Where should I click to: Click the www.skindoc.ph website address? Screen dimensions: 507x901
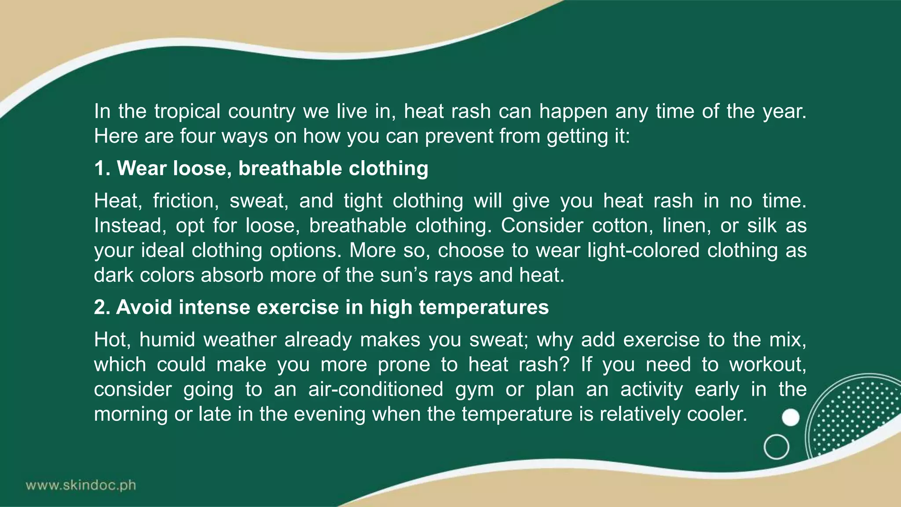pos(81,485)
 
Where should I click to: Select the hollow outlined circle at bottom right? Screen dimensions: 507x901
pos(776,447)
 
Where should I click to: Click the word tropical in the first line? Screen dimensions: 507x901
pos(187,112)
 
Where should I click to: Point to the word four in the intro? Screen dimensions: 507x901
pos(197,136)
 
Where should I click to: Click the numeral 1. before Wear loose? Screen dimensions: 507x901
pos(103,169)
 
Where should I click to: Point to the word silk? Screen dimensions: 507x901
pos(762,226)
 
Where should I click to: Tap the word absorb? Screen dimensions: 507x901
pos(232,276)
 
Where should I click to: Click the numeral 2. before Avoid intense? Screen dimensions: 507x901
pos(102,307)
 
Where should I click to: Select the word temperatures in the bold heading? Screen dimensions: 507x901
pos(483,308)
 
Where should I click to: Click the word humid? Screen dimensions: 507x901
pos(167,340)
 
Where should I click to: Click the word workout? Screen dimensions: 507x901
pos(767,365)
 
